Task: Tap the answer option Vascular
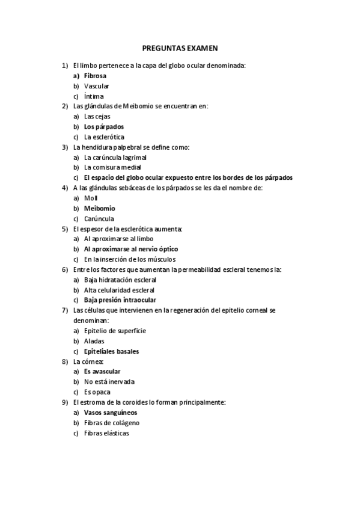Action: click(96, 86)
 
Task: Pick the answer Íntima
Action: click(94, 96)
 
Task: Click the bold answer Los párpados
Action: click(104, 127)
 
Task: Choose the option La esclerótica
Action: click(104, 137)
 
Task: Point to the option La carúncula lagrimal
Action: click(115, 158)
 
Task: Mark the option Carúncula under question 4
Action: click(99, 218)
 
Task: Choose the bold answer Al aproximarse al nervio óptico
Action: click(130, 249)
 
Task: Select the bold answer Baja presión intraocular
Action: click(120, 300)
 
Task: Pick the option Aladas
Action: click(94, 341)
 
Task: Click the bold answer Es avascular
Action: click(102, 372)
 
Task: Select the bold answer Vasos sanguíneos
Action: click(111, 413)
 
